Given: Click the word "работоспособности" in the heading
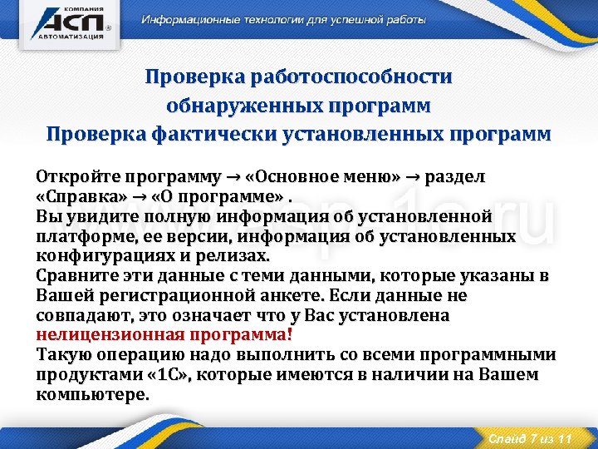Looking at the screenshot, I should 368,77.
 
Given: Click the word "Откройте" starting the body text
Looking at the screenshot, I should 77,177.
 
